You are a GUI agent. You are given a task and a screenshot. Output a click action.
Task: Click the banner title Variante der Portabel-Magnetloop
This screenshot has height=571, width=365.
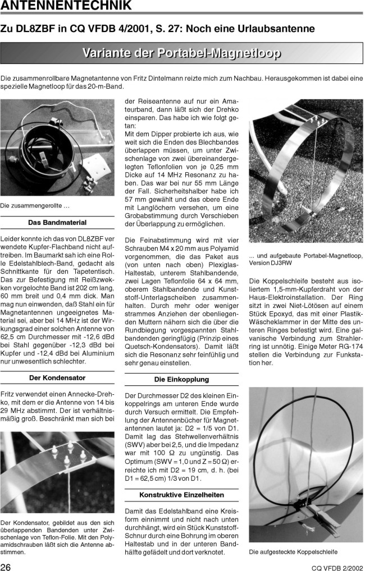tap(182, 54)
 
